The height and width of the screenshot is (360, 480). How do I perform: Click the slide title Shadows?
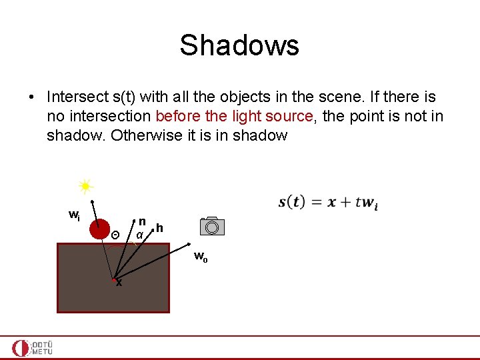coord(239,45)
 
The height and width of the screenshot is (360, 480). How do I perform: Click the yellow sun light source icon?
coord(85,187)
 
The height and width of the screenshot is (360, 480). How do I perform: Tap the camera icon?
coord(212,226)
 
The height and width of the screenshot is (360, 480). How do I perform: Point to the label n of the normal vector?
coord(142,221)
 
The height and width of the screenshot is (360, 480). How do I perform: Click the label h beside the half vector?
coord(160,229)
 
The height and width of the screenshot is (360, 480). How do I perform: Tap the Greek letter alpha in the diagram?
coord(139,235)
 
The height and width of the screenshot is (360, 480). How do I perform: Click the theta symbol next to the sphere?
coord(115,235)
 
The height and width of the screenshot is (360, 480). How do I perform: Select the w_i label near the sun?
coord(75,215)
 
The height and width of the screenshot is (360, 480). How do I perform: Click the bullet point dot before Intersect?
coord(32,98)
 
